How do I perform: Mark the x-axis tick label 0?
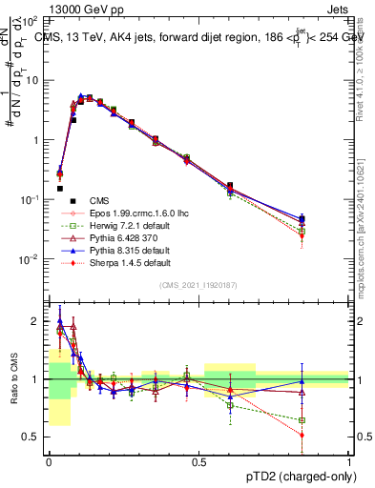click(49, 460)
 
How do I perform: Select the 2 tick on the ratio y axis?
click(39, 321)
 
